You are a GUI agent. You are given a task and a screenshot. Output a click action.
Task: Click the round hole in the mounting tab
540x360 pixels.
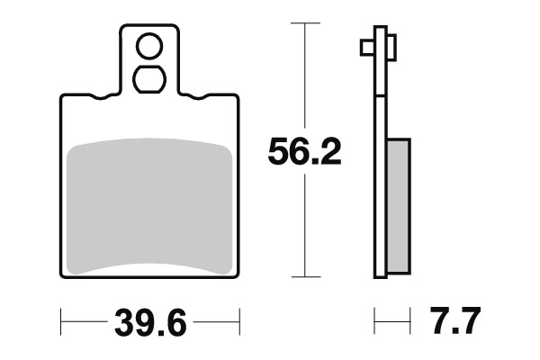[149, 45]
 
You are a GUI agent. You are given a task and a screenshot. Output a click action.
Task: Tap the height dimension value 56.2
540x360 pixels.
[305, 152]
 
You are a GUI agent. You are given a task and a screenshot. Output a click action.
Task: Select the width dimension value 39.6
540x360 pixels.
[149, 321]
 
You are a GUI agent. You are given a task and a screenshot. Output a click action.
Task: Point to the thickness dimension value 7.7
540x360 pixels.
[455, 321]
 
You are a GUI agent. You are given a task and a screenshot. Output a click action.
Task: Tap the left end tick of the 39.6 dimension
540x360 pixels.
[60, 321]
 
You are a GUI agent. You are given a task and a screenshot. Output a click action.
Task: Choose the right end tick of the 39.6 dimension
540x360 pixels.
[239, 321]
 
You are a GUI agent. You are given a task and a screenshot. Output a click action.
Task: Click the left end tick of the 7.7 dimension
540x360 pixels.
[375, 321]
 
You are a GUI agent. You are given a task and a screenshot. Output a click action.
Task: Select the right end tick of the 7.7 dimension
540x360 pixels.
[409, 321]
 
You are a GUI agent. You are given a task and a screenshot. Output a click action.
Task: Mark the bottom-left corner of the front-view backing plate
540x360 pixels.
[62, 275]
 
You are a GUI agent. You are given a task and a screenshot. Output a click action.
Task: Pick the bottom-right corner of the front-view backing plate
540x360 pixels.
[238, 275]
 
